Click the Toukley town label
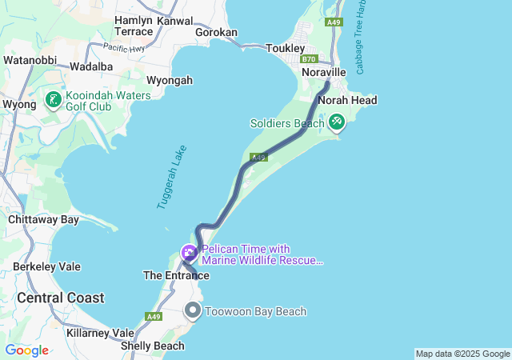click(286, 48)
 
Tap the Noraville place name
click(323, 72)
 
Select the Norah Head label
click(347, 100)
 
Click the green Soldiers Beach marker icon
click(337, 122)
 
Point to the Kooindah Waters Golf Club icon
click(53, 101)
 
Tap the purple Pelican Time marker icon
click(190, 254)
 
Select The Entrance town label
click(176, 275)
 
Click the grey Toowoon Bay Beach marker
click(193, 310)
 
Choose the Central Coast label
click(61, 298)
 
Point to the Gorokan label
click(216, 33)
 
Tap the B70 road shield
click(310, 59)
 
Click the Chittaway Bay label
click(43, 219)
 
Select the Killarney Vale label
click(101, 333)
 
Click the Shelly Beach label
click(152, 346)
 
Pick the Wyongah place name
click(170, 80)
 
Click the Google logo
click(26, 350)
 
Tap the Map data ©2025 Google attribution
click(462, 354)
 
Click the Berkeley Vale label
click(46, 266)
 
